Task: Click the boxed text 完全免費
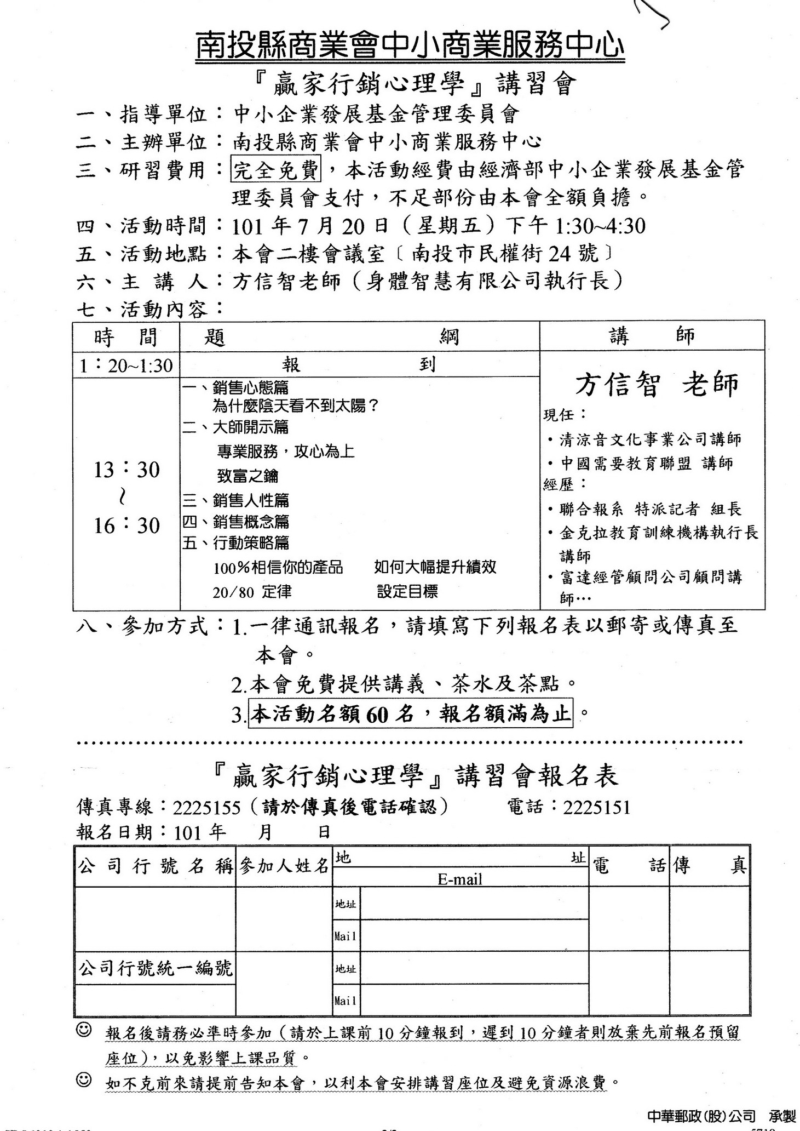[x=276, y=170]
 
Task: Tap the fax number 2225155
[x=206, y=808]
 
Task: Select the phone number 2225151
[x=596, y=807]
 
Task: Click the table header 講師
[x=652, y=336]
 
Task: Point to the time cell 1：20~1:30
[x=126, y=365]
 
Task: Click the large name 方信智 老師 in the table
[x=656, y=385]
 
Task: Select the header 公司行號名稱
[x=156, y=866]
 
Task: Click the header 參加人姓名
[x=284, y=866]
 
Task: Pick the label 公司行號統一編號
[x=156, y=968]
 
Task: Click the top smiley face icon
[x=84, y=1030]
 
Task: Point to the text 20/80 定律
[x=252, y=592]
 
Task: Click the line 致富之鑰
[x=248, y=476]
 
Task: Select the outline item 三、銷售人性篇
[x=235, y=500]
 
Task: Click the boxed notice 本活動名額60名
[x=411, y=713]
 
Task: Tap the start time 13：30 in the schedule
[x=126, y=470]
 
